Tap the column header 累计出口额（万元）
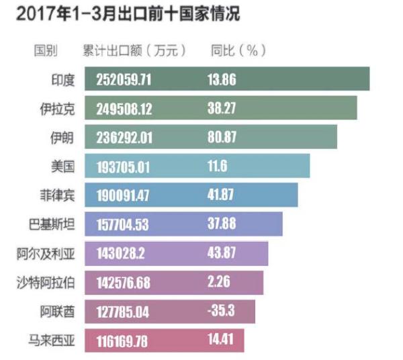click(x=134, y=51)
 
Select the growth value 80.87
click(x=222, y=138)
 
